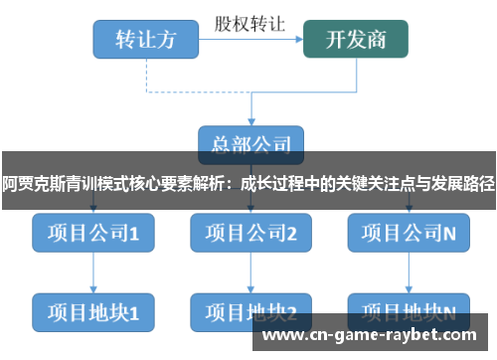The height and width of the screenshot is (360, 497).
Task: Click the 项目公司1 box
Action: tap(93, 233)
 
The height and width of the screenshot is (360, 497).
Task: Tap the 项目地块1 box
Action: tap(93, 311)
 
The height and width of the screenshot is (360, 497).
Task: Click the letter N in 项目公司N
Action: tap(449, 233)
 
